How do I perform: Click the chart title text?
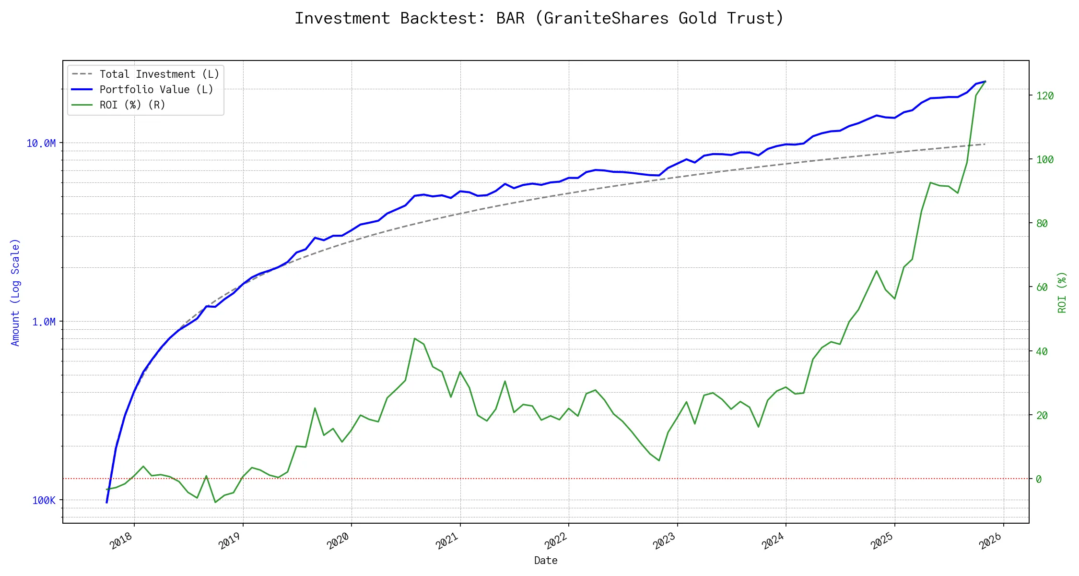click(539, 18)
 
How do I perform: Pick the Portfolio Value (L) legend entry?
click(156, 90)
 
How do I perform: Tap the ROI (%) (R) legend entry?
click(132, 105)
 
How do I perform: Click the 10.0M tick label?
click(41, 144)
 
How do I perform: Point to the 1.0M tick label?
click(44, 322)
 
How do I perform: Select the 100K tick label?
click(44, 501)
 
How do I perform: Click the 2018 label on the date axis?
click(121, 541)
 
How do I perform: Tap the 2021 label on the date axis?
click(447, 541)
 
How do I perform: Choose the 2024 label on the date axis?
click(773, 541)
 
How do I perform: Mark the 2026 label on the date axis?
click(990, 541)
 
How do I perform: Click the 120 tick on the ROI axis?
click(1045, 96)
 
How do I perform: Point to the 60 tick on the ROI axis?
click(1042, 288)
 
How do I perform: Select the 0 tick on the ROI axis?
click(1039, 479)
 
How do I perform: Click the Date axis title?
click(546, 561)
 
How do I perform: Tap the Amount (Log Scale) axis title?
click(15, 292)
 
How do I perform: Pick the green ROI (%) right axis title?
click(1062, 292)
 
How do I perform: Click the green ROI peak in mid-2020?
click(415, 338)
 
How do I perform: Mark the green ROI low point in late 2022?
click(659, 461)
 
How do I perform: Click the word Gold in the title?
click(697, 18)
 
